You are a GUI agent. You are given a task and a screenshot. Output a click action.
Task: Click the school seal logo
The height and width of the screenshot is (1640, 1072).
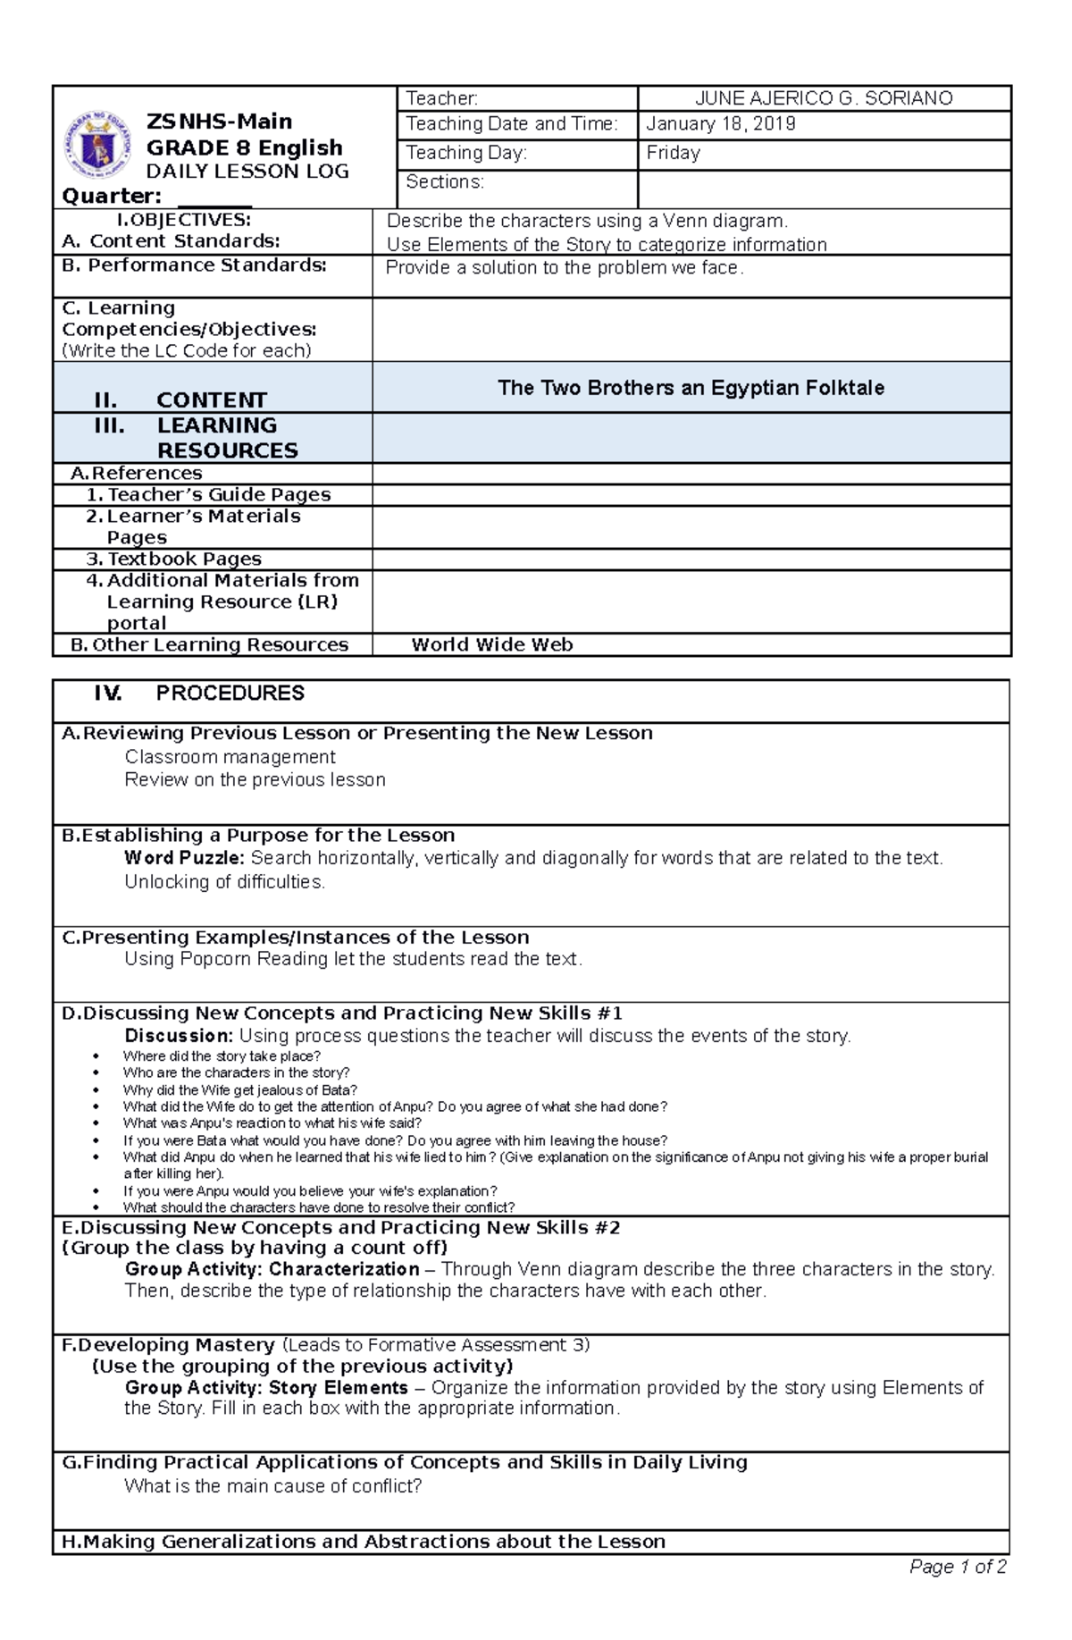(x=97, y=144)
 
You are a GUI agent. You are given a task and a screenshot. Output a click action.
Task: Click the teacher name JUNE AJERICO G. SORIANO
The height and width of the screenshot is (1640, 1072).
(x=824, y=98)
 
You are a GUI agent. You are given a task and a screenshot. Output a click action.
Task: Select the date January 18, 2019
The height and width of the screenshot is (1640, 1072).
(x=720, y=124)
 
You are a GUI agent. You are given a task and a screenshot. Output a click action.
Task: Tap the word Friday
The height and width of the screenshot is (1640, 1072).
(x=673, y=153)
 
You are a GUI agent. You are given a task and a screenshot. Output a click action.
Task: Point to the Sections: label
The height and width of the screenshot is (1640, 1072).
(x=444, y=182)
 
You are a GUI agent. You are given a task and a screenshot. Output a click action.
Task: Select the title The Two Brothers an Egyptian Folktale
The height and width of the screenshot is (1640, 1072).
(x=691, y=388)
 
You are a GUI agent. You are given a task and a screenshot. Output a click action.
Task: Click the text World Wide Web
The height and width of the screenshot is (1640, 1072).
(x=491, y=644)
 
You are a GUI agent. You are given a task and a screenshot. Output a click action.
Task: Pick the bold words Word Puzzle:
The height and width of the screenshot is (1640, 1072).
(x=184, y=858)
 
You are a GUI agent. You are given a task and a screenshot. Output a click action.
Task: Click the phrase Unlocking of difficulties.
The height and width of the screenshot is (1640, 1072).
(x=224, y=882)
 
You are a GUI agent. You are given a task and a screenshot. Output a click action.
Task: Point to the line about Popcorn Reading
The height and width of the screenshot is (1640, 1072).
(x=353, y=959)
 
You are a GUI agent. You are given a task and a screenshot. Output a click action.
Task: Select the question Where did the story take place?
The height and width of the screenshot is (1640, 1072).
(x=222, y=1055)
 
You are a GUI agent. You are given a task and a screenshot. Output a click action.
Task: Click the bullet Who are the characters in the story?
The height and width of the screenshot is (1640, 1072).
(x=236, y=1072)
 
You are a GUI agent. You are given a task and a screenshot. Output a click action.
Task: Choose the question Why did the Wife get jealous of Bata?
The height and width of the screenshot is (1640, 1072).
(x=239, y=1089)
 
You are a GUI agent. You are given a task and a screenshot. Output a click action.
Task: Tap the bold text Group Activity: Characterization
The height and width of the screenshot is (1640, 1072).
(x=272, y=1269)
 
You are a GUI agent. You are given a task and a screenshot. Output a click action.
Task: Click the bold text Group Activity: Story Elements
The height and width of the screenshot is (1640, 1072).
(x=266, y=1388)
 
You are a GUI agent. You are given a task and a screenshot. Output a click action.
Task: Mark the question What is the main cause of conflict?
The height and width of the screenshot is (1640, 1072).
(x=272, y=1486)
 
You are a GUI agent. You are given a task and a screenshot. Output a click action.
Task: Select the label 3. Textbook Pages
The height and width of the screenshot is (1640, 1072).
(x=174, y=559)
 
